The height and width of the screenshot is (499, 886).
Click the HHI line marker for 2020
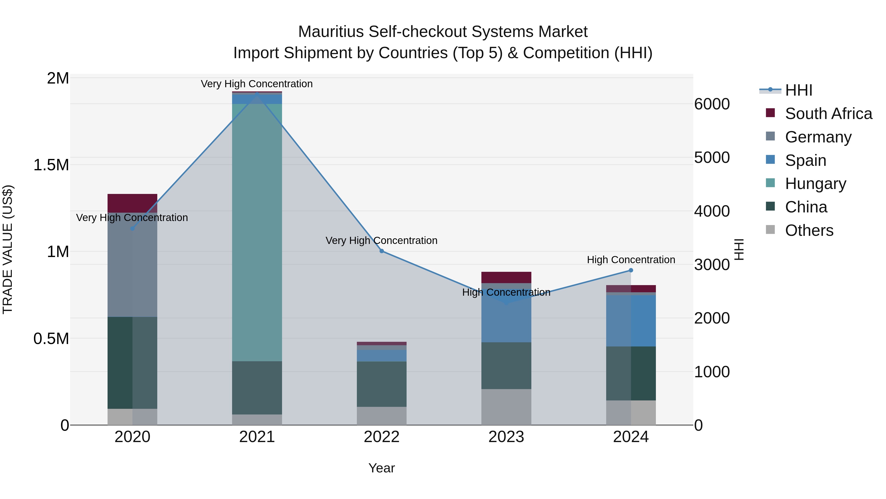click(132, 228)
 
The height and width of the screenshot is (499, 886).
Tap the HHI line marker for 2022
click(381, 251)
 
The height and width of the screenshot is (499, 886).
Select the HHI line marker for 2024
click(631, 270)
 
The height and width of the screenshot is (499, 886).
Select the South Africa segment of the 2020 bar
click(132, 203)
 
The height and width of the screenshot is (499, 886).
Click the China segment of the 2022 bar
click(381, 384)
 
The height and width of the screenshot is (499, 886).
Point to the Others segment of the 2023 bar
click(506, 407)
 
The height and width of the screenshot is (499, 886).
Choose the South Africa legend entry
click(828, 114)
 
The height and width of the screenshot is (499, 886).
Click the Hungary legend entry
click(815, 184)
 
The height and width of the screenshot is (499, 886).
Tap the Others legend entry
click(809, 230)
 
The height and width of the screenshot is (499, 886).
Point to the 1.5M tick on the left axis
click(51, 165)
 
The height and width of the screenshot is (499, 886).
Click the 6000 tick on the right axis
click(712, 104)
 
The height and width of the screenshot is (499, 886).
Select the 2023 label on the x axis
click(506, 437)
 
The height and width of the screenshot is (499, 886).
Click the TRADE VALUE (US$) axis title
click(8, 249)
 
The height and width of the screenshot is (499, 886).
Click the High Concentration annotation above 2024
click(631, 260)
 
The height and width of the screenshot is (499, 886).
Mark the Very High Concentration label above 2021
click(257, 84)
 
